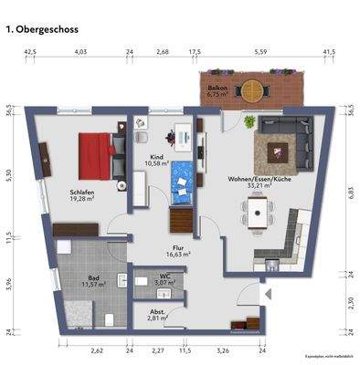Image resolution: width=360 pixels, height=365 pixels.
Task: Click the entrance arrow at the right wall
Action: pyautogui.click(x=267, y=294)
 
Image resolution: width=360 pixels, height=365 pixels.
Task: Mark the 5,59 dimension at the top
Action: pyautogui.click(x=261, y=53)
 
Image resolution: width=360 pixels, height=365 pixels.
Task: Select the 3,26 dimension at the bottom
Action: pyautogui.click(x=220, y=349)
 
